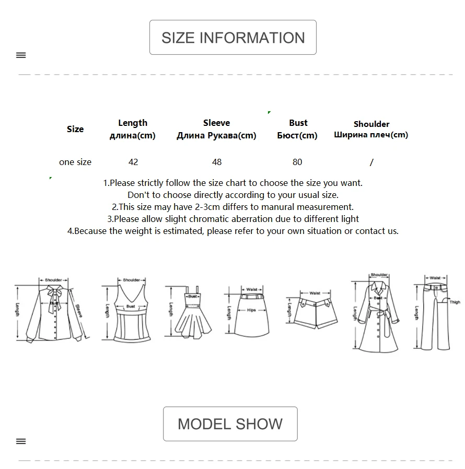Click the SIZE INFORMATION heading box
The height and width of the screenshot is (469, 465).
pos(233,38)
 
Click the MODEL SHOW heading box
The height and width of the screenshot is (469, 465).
pos(230,424)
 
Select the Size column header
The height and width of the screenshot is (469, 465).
pos(75,129)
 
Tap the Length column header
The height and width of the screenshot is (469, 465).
pos(133,129)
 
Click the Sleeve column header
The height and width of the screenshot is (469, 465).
pos(216,129)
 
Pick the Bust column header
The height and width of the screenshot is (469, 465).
pos(298,129)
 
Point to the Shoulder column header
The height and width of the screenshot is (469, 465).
pos(371,129)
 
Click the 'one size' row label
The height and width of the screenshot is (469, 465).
pos(75,162)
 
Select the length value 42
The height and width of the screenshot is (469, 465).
pos(133,162)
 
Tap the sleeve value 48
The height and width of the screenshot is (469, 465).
pos(217,162)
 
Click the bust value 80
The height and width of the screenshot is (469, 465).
pos(297,162)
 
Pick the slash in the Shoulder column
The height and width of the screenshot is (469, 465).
pos(371,162)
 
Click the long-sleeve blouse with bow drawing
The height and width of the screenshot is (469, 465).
pos(52,311)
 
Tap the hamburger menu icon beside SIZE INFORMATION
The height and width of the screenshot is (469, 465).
pos(21,55)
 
